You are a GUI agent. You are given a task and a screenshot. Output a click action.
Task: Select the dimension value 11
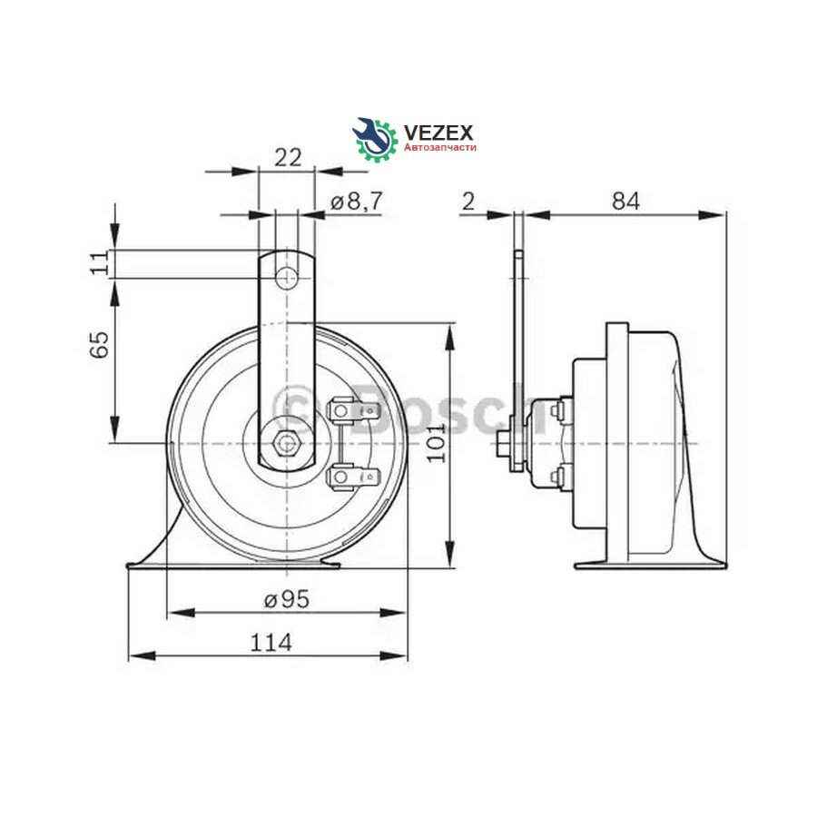coord(102,263)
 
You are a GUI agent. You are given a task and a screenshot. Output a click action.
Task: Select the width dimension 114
coord(270,642)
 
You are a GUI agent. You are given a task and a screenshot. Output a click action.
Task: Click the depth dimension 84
coord(624,202)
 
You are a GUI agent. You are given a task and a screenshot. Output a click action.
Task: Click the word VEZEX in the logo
coord(437,133)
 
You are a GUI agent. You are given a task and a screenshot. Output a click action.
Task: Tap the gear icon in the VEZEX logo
coord(375,139)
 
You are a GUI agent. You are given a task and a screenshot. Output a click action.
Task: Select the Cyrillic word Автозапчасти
coord(439,147)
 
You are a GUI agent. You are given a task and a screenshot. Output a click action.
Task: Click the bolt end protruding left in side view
coord(503,444)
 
